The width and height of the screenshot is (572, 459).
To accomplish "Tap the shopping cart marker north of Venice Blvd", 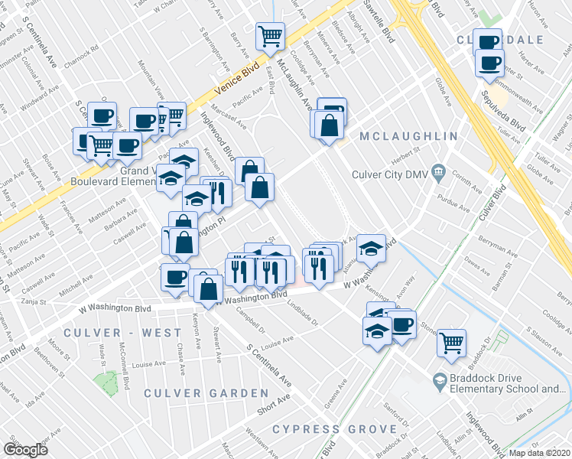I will [x=270, y=35].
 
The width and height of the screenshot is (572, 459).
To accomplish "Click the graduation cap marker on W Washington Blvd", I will [x=371, y=247].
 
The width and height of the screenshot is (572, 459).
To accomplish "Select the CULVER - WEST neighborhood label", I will [x=123, y=333].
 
